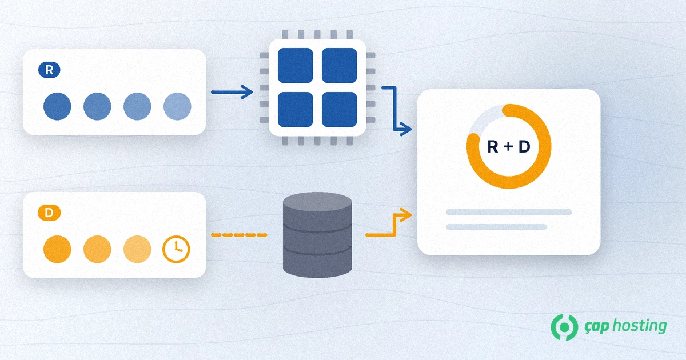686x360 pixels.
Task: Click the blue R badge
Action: pyautogui.click(x=49, y=70)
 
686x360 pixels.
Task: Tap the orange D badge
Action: pyautogui.click(x=49, y=213)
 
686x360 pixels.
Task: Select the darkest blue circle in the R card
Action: pyautogui.click(x=57, y=106)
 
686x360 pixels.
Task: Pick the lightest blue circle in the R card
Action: pyautogui.click(x=177, y=106)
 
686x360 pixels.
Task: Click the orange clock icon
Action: pyautogui.click(x=176, y=249)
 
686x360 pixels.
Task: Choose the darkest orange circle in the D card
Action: pyautogui.click(x=57, y=249)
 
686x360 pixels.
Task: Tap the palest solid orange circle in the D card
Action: pyautogui.click(x=137, y=249)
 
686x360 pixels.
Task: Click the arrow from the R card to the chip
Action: pyautogui.click(x=232, y=92)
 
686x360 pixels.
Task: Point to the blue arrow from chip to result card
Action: pyautogui.click(x=395, y=110)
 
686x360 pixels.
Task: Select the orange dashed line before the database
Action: pyautogui.click(x=239, y=235)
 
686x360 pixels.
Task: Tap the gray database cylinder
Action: pyautogui.click(x=317, y=235)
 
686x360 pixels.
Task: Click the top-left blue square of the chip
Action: pyautogui.click(x=295, y=66)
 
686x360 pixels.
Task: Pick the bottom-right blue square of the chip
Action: pyautogui.click(x=340, y=110)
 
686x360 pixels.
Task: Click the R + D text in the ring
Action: pyautogui.click(x=509, y=147)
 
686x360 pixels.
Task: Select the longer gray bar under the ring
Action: pyautogui.click(x=509, y=212)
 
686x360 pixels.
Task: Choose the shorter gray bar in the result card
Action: pyautogui.click(x=496, y=227)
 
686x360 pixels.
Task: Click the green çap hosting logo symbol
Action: pyautogui.click(x=564, y=327)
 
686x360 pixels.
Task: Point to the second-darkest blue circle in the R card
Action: pyautogui.click(x=97, y=106)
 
